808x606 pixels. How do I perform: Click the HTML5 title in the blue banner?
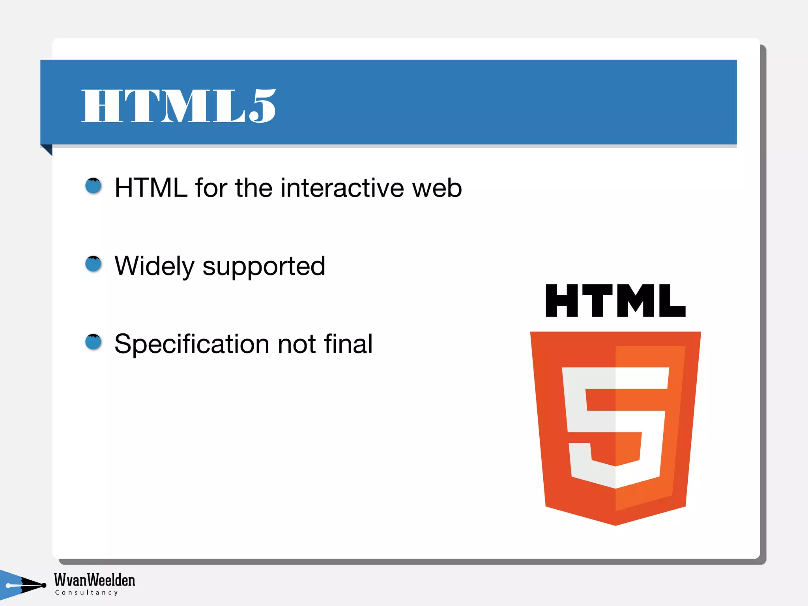(178, 106)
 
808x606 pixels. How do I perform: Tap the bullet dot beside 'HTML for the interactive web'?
(94, 186)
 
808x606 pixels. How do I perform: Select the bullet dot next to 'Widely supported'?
(94, 264)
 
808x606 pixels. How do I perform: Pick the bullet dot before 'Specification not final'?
(94, 342)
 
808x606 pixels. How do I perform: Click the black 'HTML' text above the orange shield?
(615, 301)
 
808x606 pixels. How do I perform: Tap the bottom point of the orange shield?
(615, 524)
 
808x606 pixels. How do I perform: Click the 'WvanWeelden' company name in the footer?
(95, 580)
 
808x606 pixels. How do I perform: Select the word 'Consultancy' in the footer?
(86, 593)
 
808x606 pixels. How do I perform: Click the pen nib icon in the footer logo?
(28, 585)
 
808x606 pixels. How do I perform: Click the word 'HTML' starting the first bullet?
(151, 187)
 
